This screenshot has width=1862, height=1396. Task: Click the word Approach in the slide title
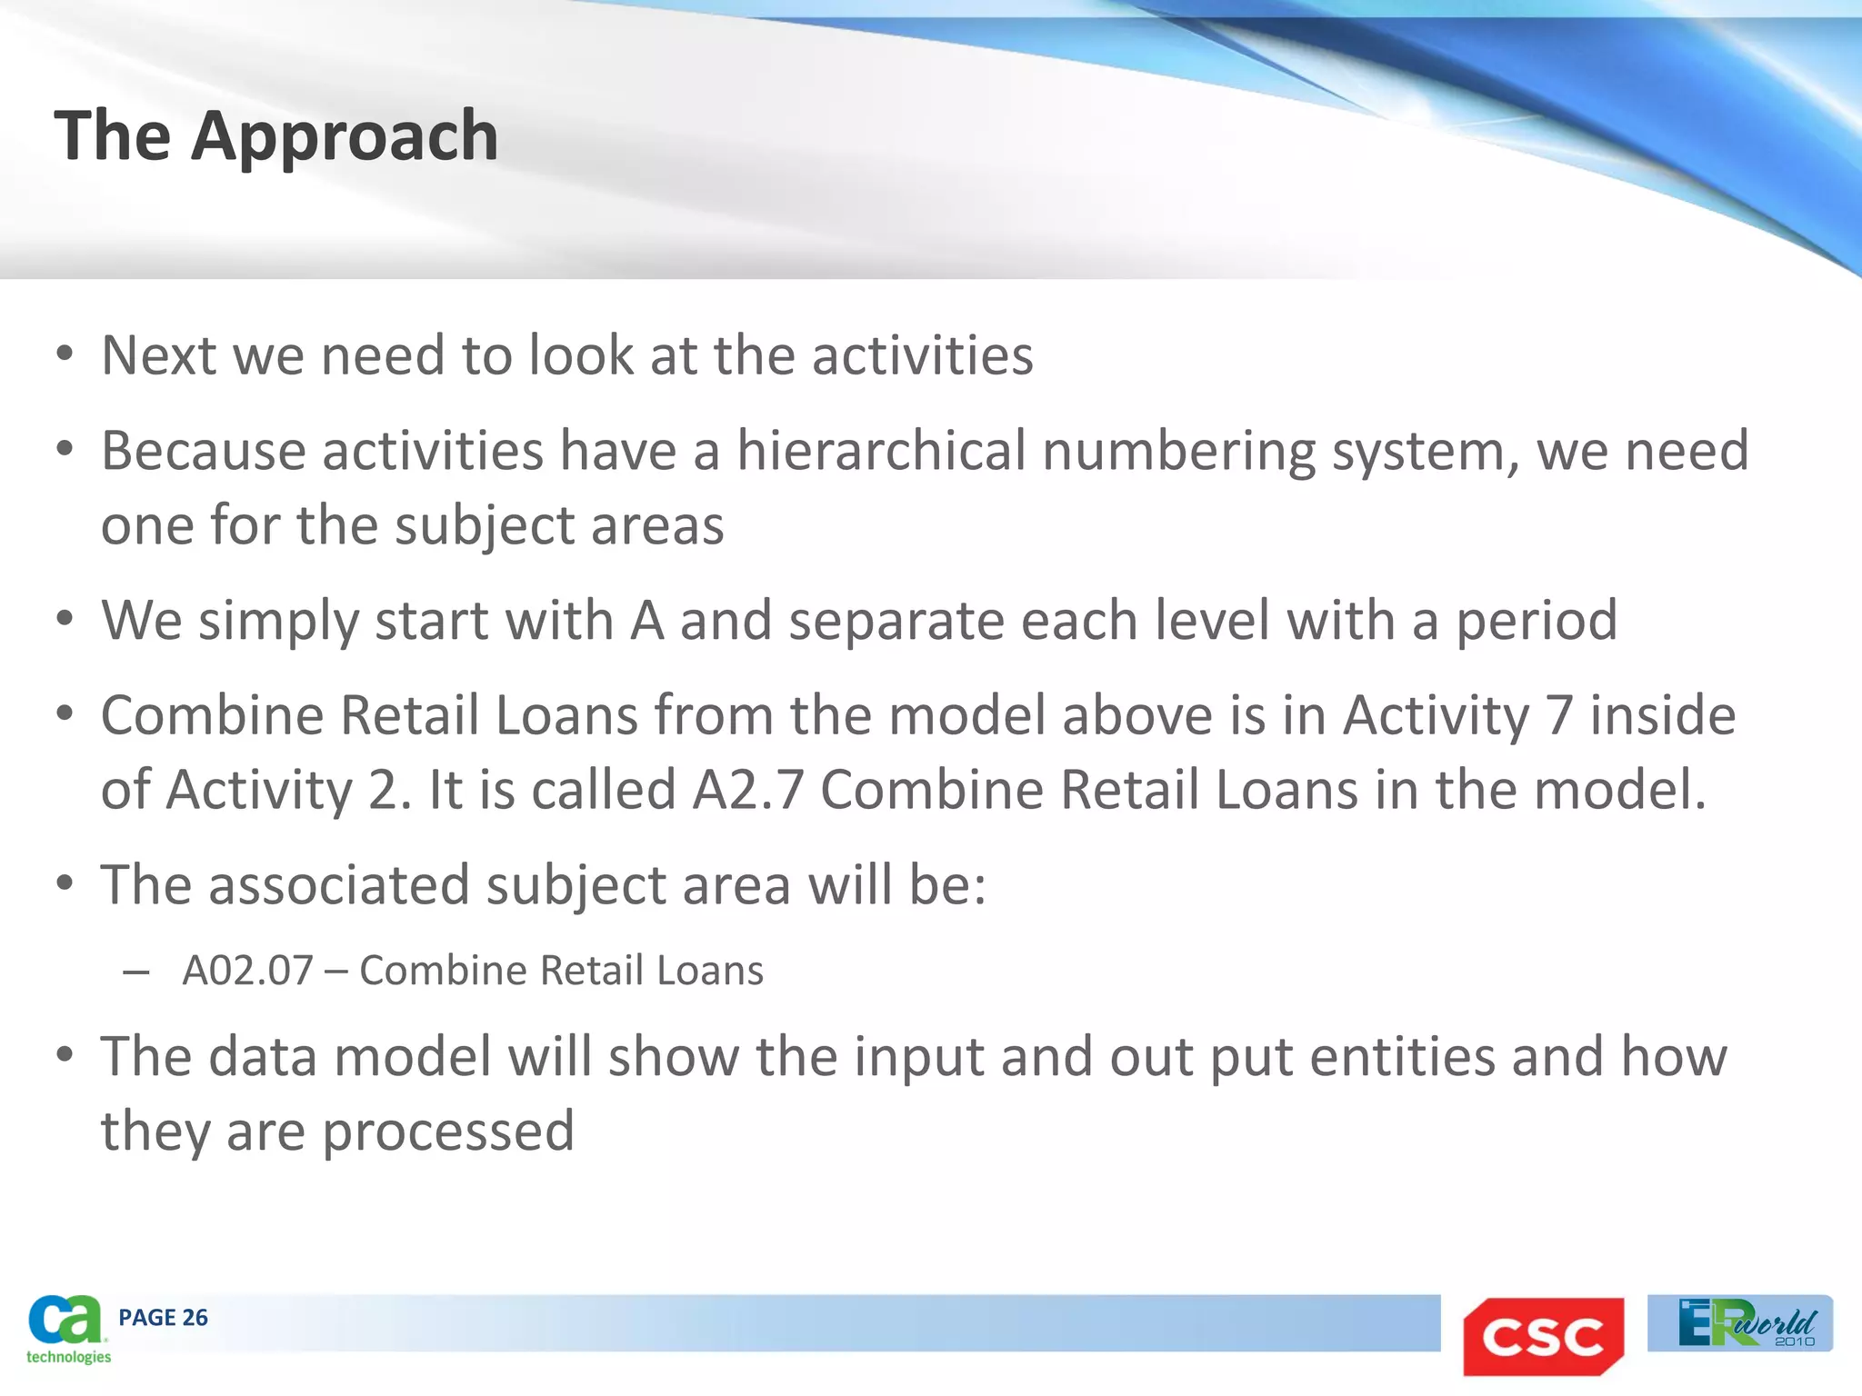pos(345,136)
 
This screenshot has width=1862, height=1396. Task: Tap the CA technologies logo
pos(67,1329)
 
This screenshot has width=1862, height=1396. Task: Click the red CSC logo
pos(1543,1336)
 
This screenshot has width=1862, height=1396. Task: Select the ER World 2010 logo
pos(1740,1323)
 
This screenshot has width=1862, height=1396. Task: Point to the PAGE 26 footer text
pos(163,1317)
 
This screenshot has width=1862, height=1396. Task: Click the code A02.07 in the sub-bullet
pos(247,971)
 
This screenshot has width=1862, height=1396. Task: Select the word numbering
pos(1178,452)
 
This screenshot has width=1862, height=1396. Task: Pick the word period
pos(1537,621)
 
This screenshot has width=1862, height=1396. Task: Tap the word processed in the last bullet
pos(448,1132)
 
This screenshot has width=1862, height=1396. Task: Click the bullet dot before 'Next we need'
pos(64,354)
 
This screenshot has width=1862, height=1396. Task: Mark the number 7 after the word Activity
pos(1559,715)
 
